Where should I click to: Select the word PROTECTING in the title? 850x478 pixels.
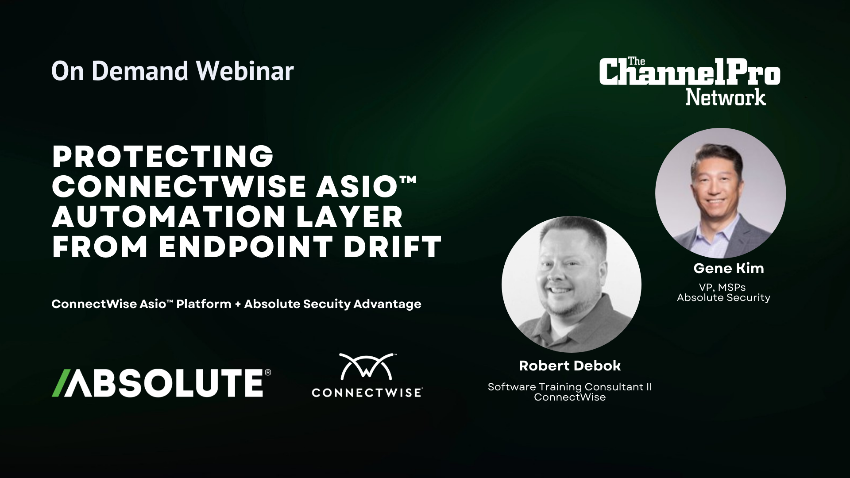[162, 157]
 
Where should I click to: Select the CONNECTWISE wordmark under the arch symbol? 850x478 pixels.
[367, 392]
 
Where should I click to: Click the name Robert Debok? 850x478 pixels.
[570, 366]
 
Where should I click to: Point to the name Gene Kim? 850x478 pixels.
[728, 268]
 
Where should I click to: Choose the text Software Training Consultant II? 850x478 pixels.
[570, 387]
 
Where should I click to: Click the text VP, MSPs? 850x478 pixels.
[723, 288]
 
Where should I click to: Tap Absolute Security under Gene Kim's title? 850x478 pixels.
[723, 297]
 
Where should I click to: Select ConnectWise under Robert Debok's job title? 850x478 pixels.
[570, 397]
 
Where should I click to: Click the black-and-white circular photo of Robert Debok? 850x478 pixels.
[571, 284]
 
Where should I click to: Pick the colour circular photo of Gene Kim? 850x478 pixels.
[720, 193]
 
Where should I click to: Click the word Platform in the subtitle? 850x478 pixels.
[204, 304]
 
